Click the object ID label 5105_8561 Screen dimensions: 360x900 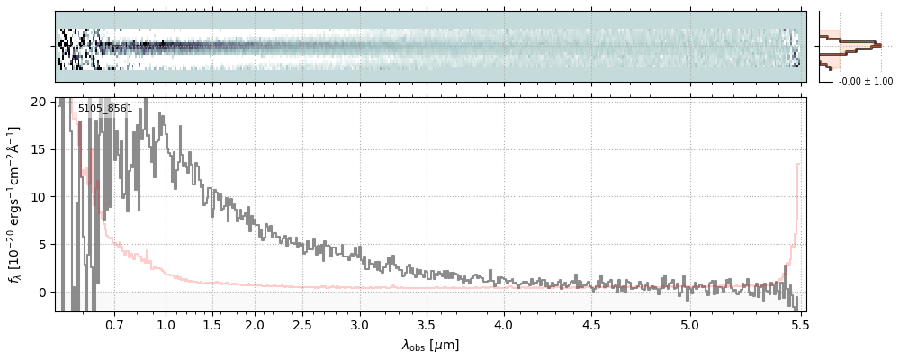(x=105, y=109)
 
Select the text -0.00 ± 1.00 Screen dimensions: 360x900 (x=865, y=81)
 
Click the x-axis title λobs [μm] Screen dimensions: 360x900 (x=430, y=345)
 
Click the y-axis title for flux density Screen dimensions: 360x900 (x=15, y=204)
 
